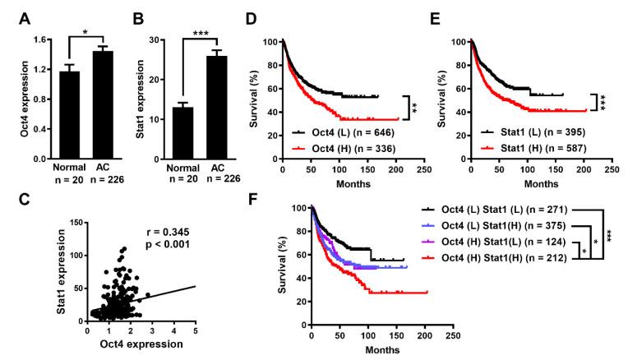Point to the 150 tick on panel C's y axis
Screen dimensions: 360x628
[75, 221]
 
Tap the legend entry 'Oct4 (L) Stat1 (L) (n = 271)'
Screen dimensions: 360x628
[497, 210]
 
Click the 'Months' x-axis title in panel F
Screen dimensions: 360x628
[380, 350]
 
